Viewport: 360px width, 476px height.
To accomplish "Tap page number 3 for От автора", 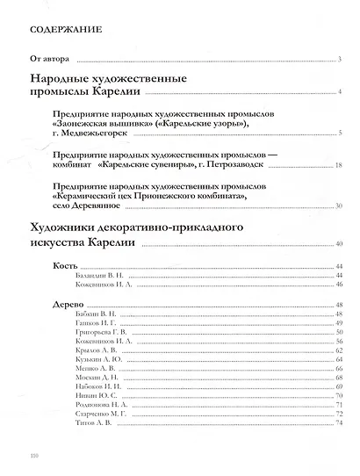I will (338, 61).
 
